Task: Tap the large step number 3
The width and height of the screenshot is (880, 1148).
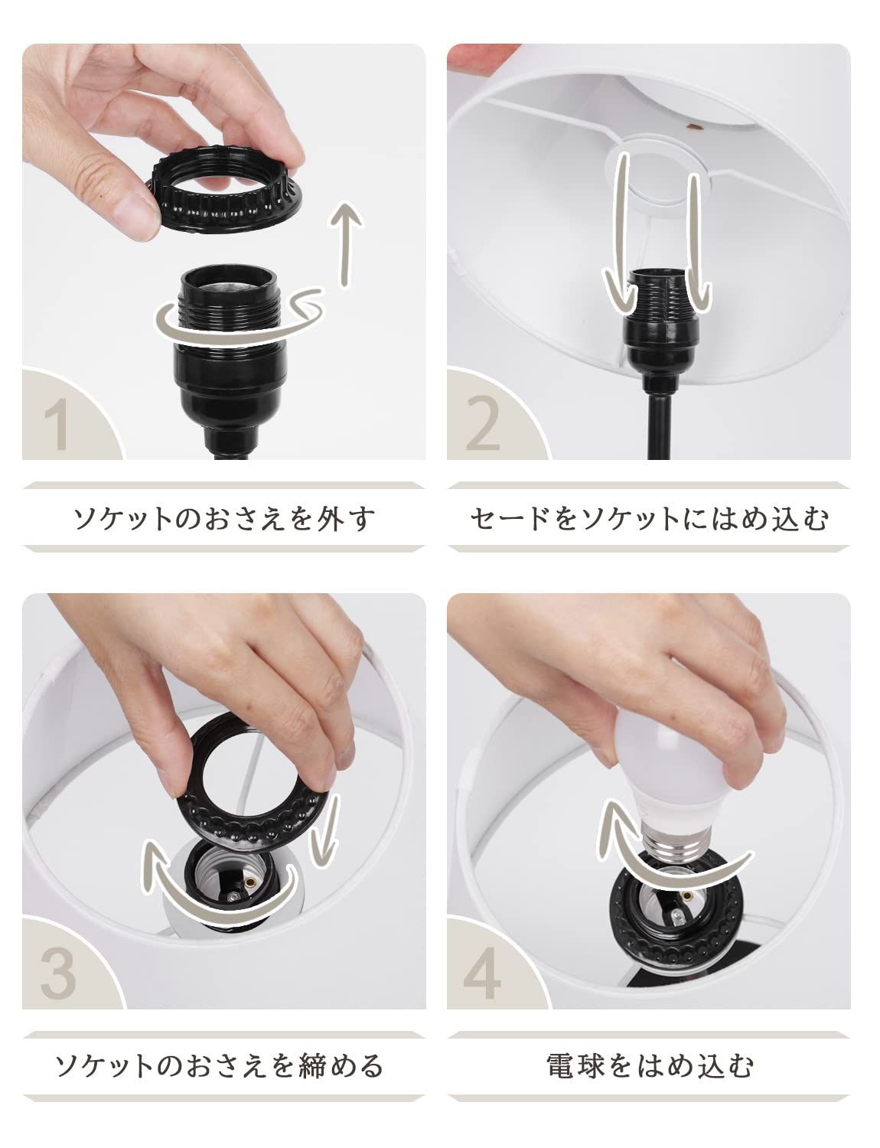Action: click(x=58, y=972)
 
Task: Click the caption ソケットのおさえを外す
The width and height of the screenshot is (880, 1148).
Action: click(x=223, y=519)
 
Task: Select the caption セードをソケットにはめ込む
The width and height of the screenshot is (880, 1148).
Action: click(x=648, y=519)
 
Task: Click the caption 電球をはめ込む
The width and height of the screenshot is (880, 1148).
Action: click(x=650, y=1065)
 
